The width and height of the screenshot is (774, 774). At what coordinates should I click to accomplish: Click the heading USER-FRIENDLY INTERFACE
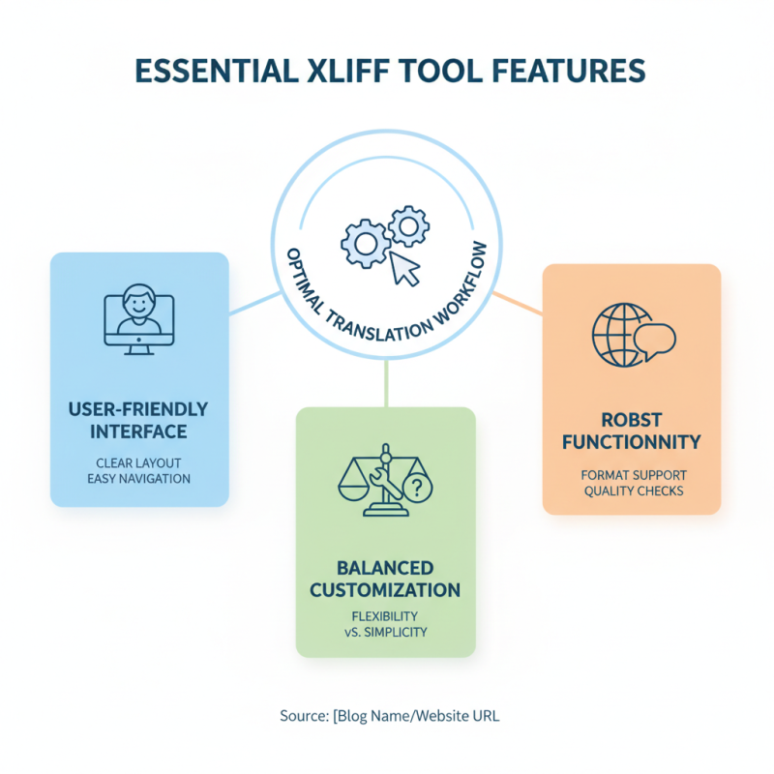pos(139,419)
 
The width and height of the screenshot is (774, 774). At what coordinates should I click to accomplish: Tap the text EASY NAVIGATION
pos(139,478)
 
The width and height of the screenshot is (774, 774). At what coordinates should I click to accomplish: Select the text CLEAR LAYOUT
pos(139,462)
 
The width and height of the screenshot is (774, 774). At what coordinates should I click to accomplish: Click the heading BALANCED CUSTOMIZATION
pos(385,578)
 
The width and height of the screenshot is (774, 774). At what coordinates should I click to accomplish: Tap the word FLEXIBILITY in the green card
pos(385,615)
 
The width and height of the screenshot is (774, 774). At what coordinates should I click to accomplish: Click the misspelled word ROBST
pos(633,421)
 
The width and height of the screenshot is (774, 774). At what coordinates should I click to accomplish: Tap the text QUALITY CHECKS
pos(633,491)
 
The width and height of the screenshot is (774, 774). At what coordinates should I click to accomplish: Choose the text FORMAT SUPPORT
pos(633,475)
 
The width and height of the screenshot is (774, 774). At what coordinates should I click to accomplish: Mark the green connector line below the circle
pos(386,382)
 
